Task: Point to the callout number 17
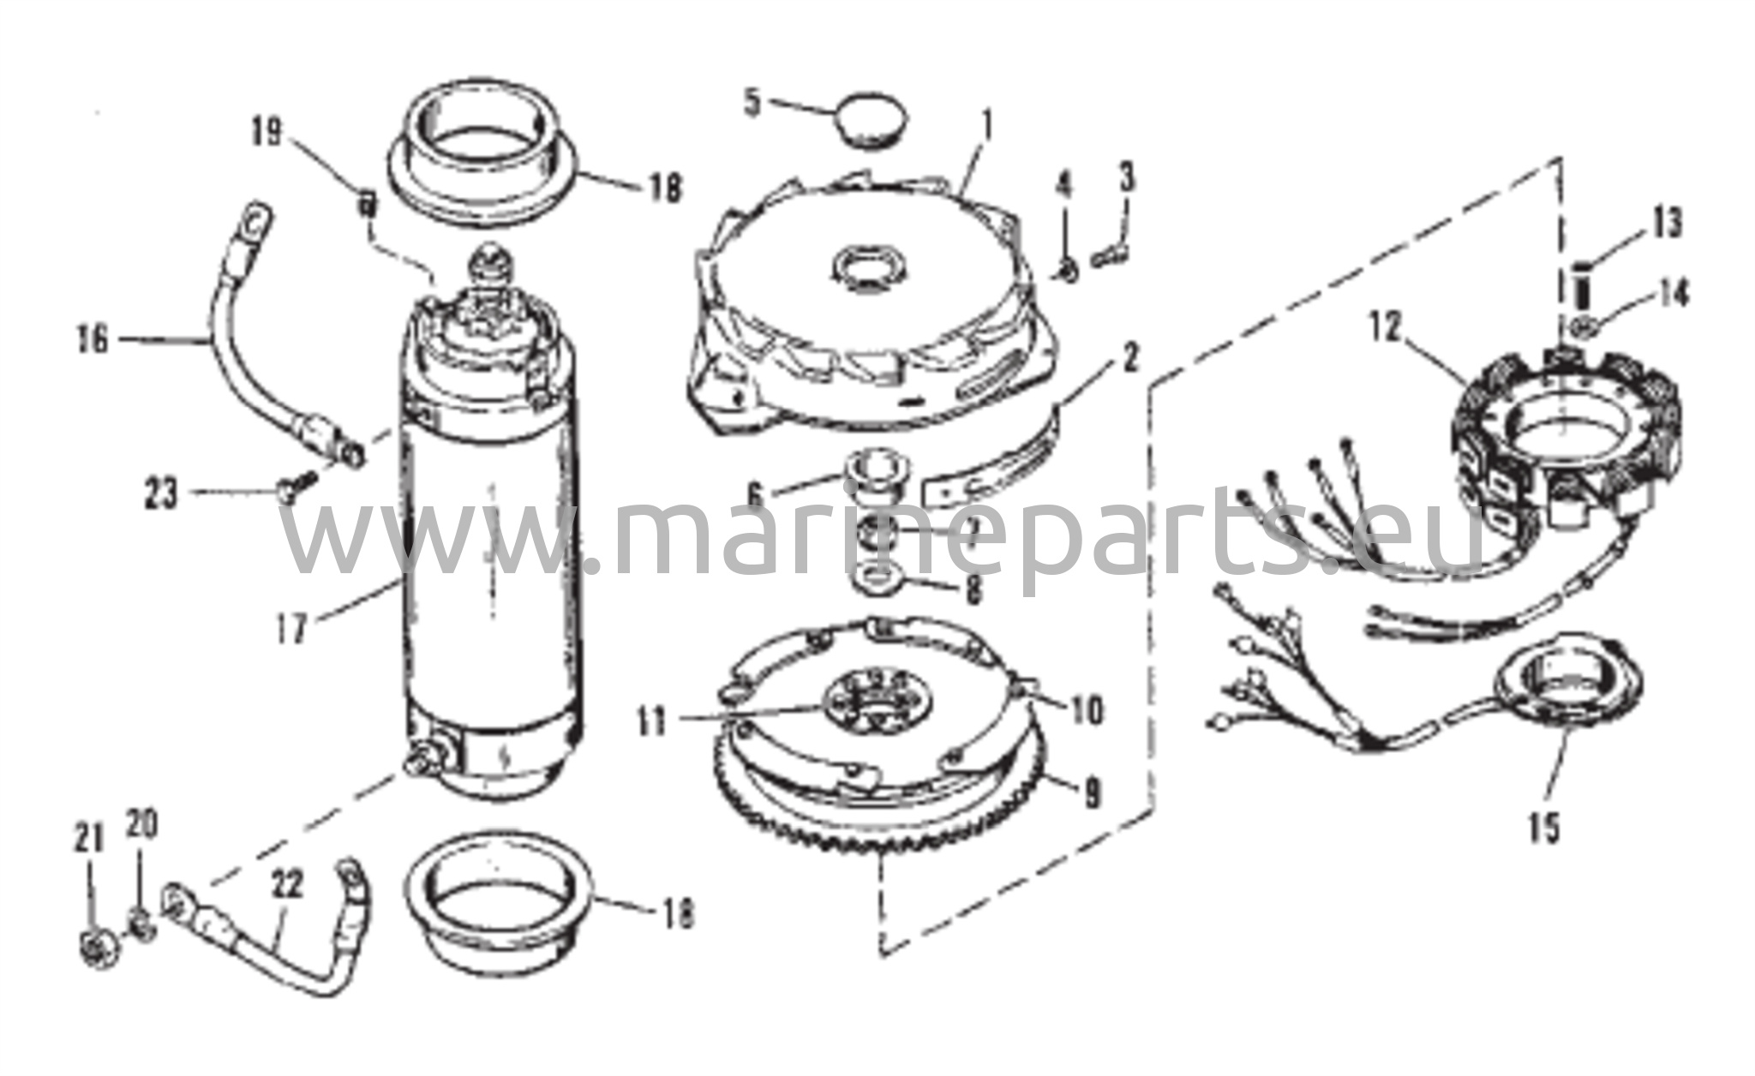pos(291,631)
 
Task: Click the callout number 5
pos(752,102)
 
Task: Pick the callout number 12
pos(1387,327)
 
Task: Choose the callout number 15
pos(1544,828)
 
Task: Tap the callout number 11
pos(652,720)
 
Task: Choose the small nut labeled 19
pos(367,204)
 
